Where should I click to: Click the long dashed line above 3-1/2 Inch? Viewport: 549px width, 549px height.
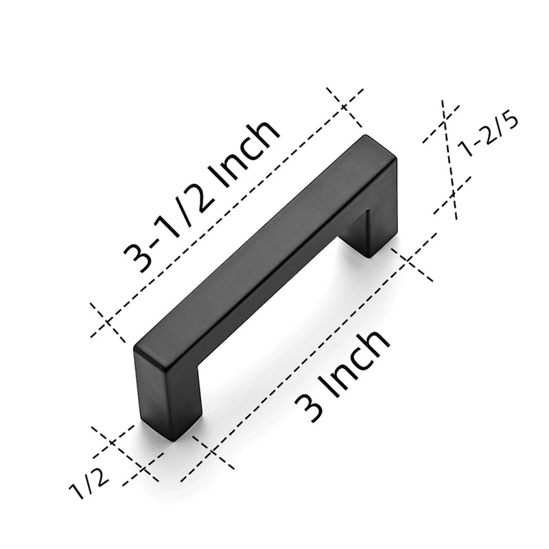(x=226, y=209)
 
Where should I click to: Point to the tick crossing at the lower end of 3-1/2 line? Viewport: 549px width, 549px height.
(x=108, y=322)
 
